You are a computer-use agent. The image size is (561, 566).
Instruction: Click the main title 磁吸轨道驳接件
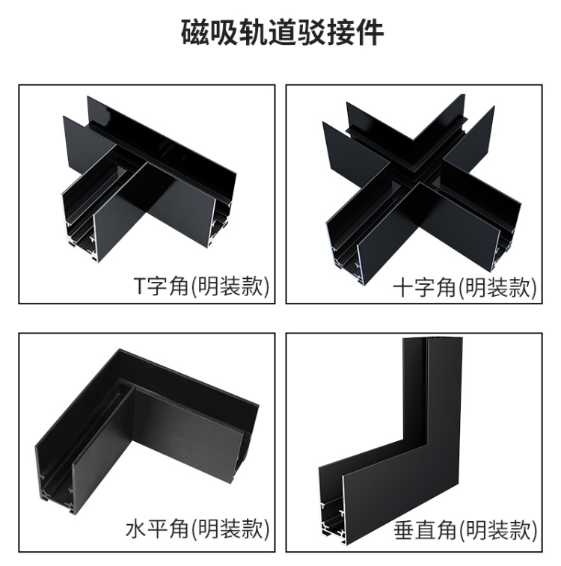282,33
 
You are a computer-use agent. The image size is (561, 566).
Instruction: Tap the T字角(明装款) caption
201,286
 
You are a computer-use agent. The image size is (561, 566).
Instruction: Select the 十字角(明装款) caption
465,287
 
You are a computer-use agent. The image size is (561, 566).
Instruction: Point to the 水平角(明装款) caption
197,529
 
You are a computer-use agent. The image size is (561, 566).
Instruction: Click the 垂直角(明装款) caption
465,530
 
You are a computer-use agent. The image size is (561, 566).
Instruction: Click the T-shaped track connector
149,178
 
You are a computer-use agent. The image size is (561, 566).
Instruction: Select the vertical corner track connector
390,437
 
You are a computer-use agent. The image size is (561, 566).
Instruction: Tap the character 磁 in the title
194,33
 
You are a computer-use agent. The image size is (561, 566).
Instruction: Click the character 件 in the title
370,33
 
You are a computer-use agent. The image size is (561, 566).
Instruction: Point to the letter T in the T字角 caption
140,286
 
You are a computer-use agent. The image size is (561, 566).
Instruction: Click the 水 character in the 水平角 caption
136,529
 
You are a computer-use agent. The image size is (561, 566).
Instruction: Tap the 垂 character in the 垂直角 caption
404,531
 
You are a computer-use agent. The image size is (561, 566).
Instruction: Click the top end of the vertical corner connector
432,339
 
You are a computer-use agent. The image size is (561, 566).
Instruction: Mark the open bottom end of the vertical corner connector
331,515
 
